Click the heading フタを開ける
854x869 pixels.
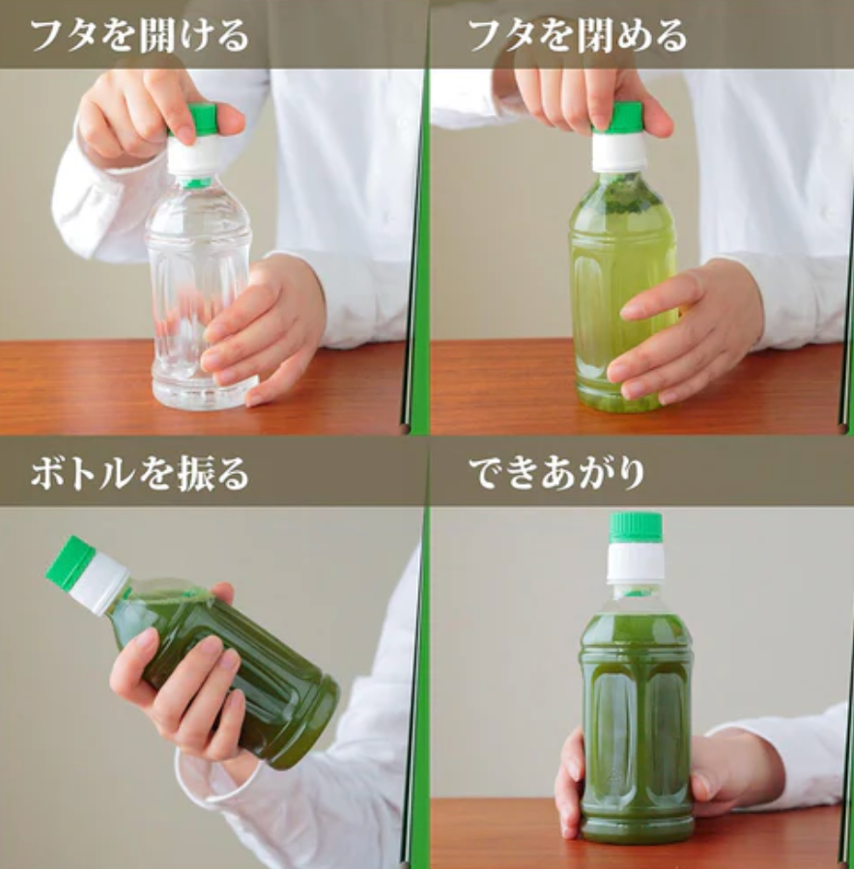coord(139,35)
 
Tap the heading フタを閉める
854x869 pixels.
coord(578,35)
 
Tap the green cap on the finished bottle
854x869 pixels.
coord(636,527)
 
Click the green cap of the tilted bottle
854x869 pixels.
coord(69,561)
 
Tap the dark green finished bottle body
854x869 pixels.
coord(637,720)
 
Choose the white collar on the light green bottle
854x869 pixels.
coord(619,151)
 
